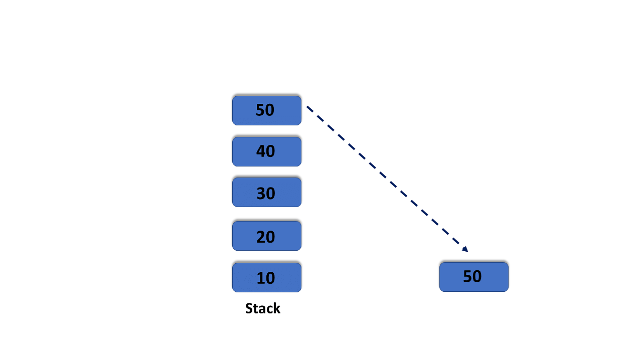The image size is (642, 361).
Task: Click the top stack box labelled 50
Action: coord(266,110)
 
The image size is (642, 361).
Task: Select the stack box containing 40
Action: coord(266,151)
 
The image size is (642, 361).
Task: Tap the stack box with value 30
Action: coord(266,192)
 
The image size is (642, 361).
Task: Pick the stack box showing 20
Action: coord(266,236)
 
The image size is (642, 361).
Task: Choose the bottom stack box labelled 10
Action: coord(266,277)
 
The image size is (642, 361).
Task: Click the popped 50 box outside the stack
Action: coord(474,277)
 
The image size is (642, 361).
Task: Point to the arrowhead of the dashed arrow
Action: coord(465,249)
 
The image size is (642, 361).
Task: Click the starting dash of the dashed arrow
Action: coord(310,109)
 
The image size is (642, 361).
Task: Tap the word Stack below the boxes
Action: coord(262,308)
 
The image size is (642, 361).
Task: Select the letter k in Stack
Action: coord(276,308)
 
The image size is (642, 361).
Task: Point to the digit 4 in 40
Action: coord(261,151)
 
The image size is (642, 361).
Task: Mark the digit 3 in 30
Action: coord(261,193)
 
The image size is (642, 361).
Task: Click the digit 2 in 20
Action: coord(261,237)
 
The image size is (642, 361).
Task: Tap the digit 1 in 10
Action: coord(260,278)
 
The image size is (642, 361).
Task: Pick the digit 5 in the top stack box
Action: coord(260,110)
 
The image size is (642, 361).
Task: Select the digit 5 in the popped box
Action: coord(467,276)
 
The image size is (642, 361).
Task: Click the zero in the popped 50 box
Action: coord(477,276)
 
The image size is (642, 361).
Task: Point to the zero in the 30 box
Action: coord(270,193)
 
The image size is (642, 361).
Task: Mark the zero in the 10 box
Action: coord(270,278)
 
